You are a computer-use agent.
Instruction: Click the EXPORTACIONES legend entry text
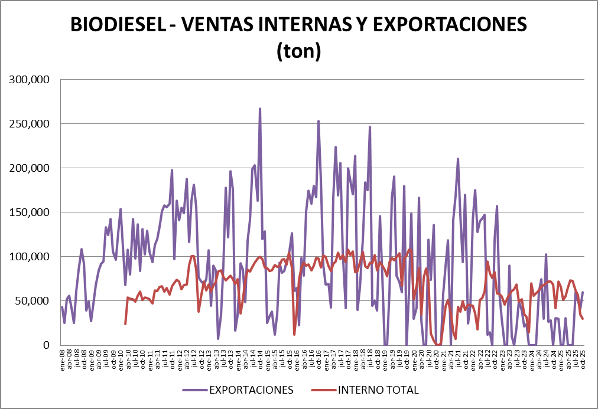pos(252,390)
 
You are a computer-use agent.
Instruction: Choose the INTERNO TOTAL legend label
pos(378,390)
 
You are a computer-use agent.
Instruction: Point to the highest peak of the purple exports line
pos(260,109)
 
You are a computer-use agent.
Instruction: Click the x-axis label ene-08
pos(63,359)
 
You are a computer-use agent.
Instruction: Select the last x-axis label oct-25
pos(583,359)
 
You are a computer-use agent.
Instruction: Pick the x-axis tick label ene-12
pos(180,359)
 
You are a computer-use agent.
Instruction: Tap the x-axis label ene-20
pos(414,359)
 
